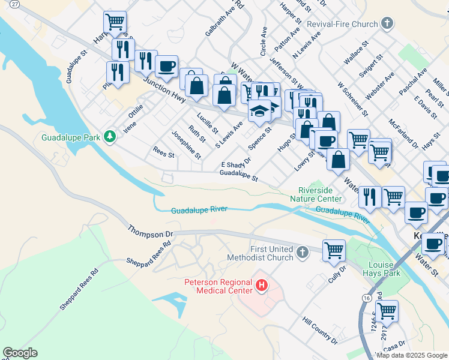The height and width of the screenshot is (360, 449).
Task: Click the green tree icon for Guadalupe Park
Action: tap(109, 137)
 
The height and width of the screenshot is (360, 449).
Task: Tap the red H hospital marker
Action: tap(262, 286)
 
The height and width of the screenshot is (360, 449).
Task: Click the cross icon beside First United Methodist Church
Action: tap(302, 253)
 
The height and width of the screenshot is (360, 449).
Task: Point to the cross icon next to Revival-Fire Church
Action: tap(387, 24)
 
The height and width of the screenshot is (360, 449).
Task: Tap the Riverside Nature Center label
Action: tap(316, 194)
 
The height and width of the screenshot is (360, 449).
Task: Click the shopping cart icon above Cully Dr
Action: tap(334, 250)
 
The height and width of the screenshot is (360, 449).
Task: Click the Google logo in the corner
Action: tap(20, 353)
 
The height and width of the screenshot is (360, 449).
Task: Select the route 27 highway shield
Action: tap(14, 4)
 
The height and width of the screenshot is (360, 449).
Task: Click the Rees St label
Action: tap(163, 155)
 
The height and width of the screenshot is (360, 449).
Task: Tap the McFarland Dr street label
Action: tap(403, 134)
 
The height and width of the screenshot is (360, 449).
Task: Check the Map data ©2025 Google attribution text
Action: tap(411, 355)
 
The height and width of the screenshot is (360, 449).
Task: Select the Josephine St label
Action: tap(186, 145)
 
